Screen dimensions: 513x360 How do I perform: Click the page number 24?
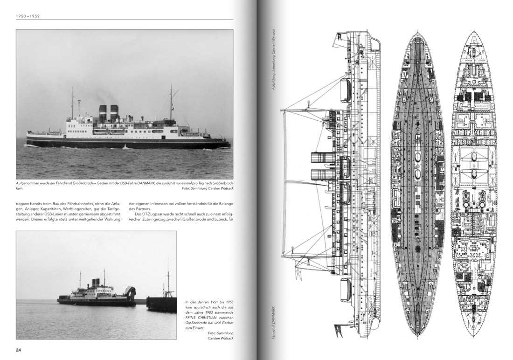[x=18, y=350]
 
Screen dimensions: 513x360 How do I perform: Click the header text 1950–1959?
[x=28, y=16]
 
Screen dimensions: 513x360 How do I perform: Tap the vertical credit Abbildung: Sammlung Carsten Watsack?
[x=274, y=59]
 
